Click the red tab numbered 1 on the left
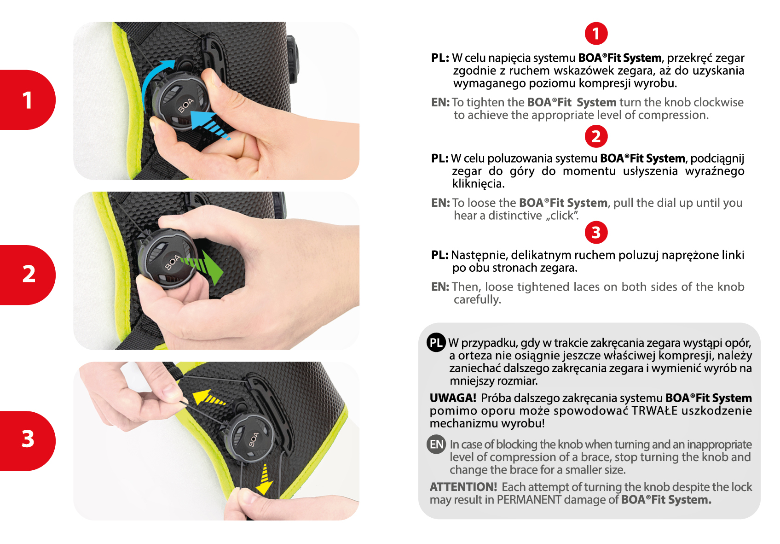(27, 100)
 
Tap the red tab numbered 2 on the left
(27, 275)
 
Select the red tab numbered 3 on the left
(27, 441)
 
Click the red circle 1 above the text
(596, 34)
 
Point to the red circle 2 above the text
(596, 136)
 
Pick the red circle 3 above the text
(596, 232)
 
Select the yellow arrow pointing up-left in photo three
(208, 398)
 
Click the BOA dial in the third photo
(250, 439)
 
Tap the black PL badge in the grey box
(436, 342)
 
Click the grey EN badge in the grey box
(436, 444)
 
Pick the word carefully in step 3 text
(477, 299)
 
